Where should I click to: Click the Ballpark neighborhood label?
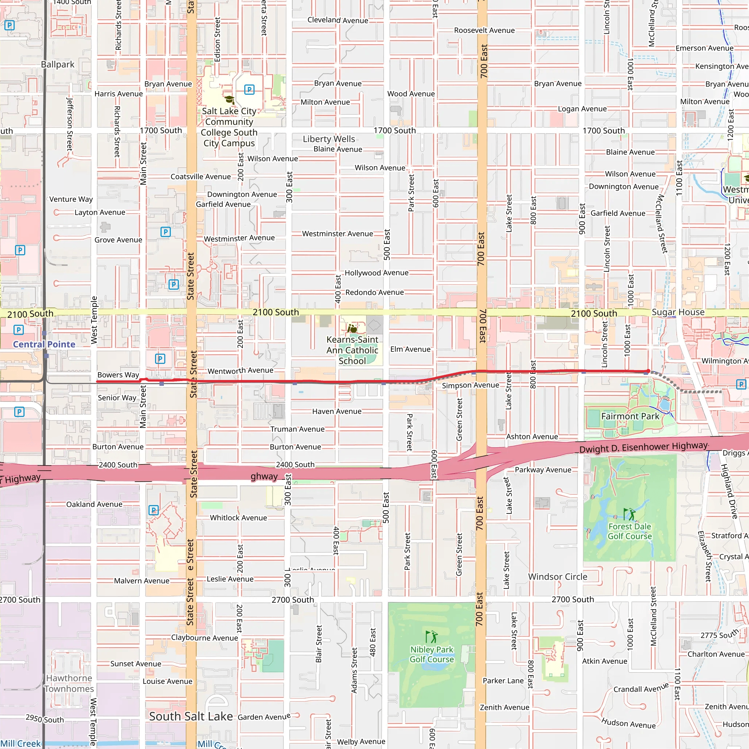tap(58, 64)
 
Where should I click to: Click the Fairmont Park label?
tap(630, 416)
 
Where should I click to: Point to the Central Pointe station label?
tap(44, 344)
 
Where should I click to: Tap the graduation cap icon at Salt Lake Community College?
tap(230, 99)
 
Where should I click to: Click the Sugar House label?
tap(678, 312)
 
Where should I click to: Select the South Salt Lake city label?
tap(191, 716)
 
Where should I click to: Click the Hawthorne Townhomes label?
tap(69, 684)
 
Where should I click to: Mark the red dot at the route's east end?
tap(648, 371)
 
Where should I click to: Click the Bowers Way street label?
tap(118, 375)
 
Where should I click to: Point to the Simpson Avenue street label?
tap(470, 385)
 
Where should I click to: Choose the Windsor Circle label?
tap(557, 577)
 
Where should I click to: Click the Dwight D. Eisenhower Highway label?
tap(644, 447)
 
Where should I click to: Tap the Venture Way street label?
tap(71, 199)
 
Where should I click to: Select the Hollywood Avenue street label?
tap(376, 273)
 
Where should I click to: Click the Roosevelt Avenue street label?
tap(484, 30)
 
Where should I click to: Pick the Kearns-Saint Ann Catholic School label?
tap(352, 350)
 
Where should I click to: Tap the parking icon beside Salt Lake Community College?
tap(249, 90)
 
